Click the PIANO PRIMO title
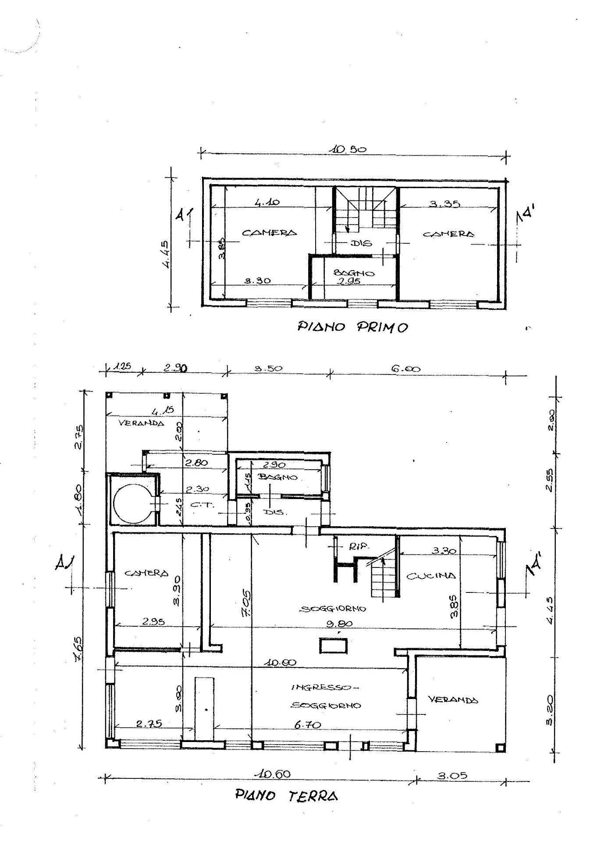352,327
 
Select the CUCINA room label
431,575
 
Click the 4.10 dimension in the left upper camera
267,203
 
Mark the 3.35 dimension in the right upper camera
444,203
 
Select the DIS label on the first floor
361,243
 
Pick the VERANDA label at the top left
142,423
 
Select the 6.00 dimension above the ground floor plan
405,369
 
